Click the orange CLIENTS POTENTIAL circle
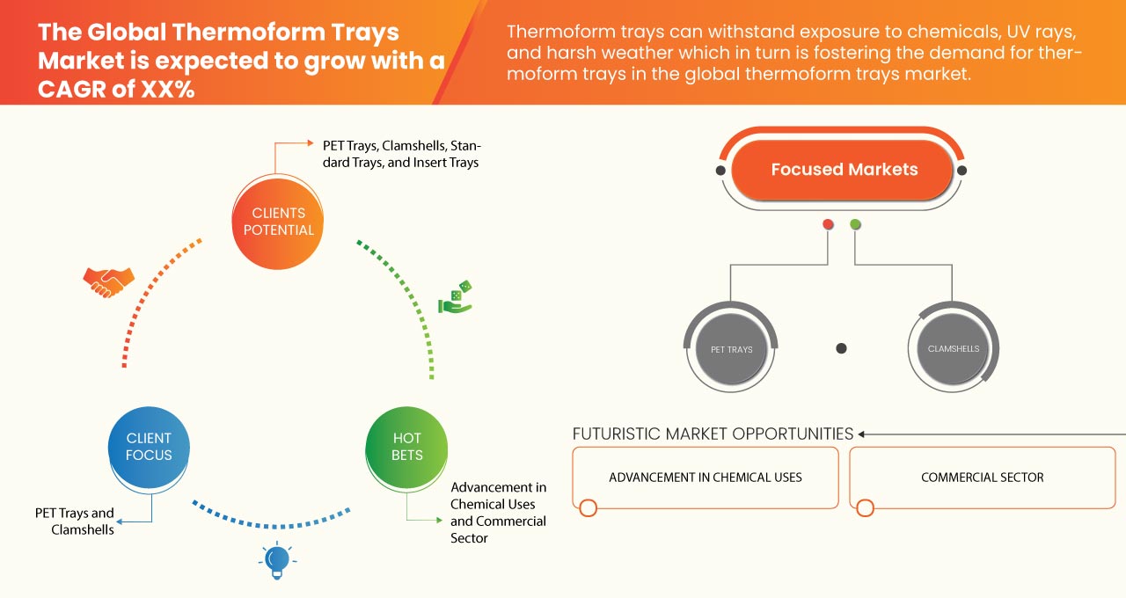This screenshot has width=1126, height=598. (278, 222)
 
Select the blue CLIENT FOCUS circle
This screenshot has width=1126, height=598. (150, 447)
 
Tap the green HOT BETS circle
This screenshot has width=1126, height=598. (406, 447)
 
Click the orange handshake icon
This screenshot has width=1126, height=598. (108, 281)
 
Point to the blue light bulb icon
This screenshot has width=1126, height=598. (277, 559)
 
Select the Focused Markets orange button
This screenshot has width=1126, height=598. (844, 170)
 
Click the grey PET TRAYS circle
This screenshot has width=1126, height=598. (731, 349)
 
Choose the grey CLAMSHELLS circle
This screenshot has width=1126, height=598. (953, 349)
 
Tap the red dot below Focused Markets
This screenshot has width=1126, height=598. (828, 225)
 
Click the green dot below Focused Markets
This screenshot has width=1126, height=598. (855, 225)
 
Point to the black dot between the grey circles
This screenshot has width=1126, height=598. (841, 348)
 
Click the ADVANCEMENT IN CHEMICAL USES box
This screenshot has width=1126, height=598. (706, 478)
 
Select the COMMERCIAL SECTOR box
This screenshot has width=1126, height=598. (982, 478)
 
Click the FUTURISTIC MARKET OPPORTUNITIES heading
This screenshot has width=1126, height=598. (713, 434)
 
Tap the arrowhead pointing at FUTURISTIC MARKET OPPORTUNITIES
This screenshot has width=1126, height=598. (863, 434)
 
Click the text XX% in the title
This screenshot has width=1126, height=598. (166, 88)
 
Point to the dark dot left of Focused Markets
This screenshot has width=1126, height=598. (721, 171)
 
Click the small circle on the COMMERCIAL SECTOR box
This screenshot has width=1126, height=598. (865, 508)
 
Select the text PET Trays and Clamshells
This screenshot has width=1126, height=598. (75, 521)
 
